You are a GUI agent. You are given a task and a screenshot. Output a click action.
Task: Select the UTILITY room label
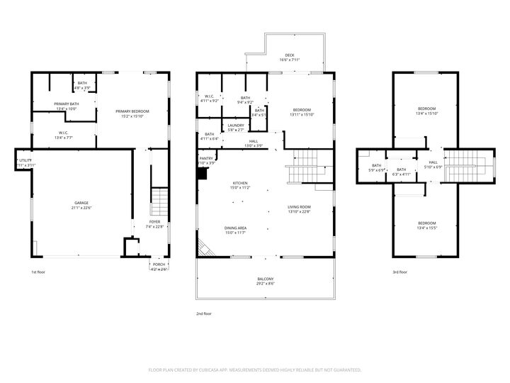(26, 161)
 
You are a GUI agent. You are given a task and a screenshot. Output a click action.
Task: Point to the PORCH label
(159, 265)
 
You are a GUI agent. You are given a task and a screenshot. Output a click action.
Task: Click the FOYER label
(154, 222)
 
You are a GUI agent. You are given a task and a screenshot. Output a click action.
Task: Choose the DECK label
(289, 55)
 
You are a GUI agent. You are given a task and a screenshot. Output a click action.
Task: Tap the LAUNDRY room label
(236, 126)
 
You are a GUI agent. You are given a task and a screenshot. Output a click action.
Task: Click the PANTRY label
(206, 159)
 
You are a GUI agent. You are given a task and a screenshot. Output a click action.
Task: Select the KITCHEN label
(239, 183)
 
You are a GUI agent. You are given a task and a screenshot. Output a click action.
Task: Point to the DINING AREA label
(235, 228)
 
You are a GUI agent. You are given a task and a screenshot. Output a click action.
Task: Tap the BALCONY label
(265, 279)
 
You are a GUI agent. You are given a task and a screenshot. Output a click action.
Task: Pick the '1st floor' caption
(38, 272)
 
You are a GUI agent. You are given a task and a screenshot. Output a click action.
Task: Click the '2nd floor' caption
(204, 313)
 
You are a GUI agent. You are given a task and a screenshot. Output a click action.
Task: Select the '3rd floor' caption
(400, 272)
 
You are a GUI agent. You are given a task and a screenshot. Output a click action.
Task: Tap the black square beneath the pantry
(202, 174)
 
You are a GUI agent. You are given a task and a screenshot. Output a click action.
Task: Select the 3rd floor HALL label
(433, 162)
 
